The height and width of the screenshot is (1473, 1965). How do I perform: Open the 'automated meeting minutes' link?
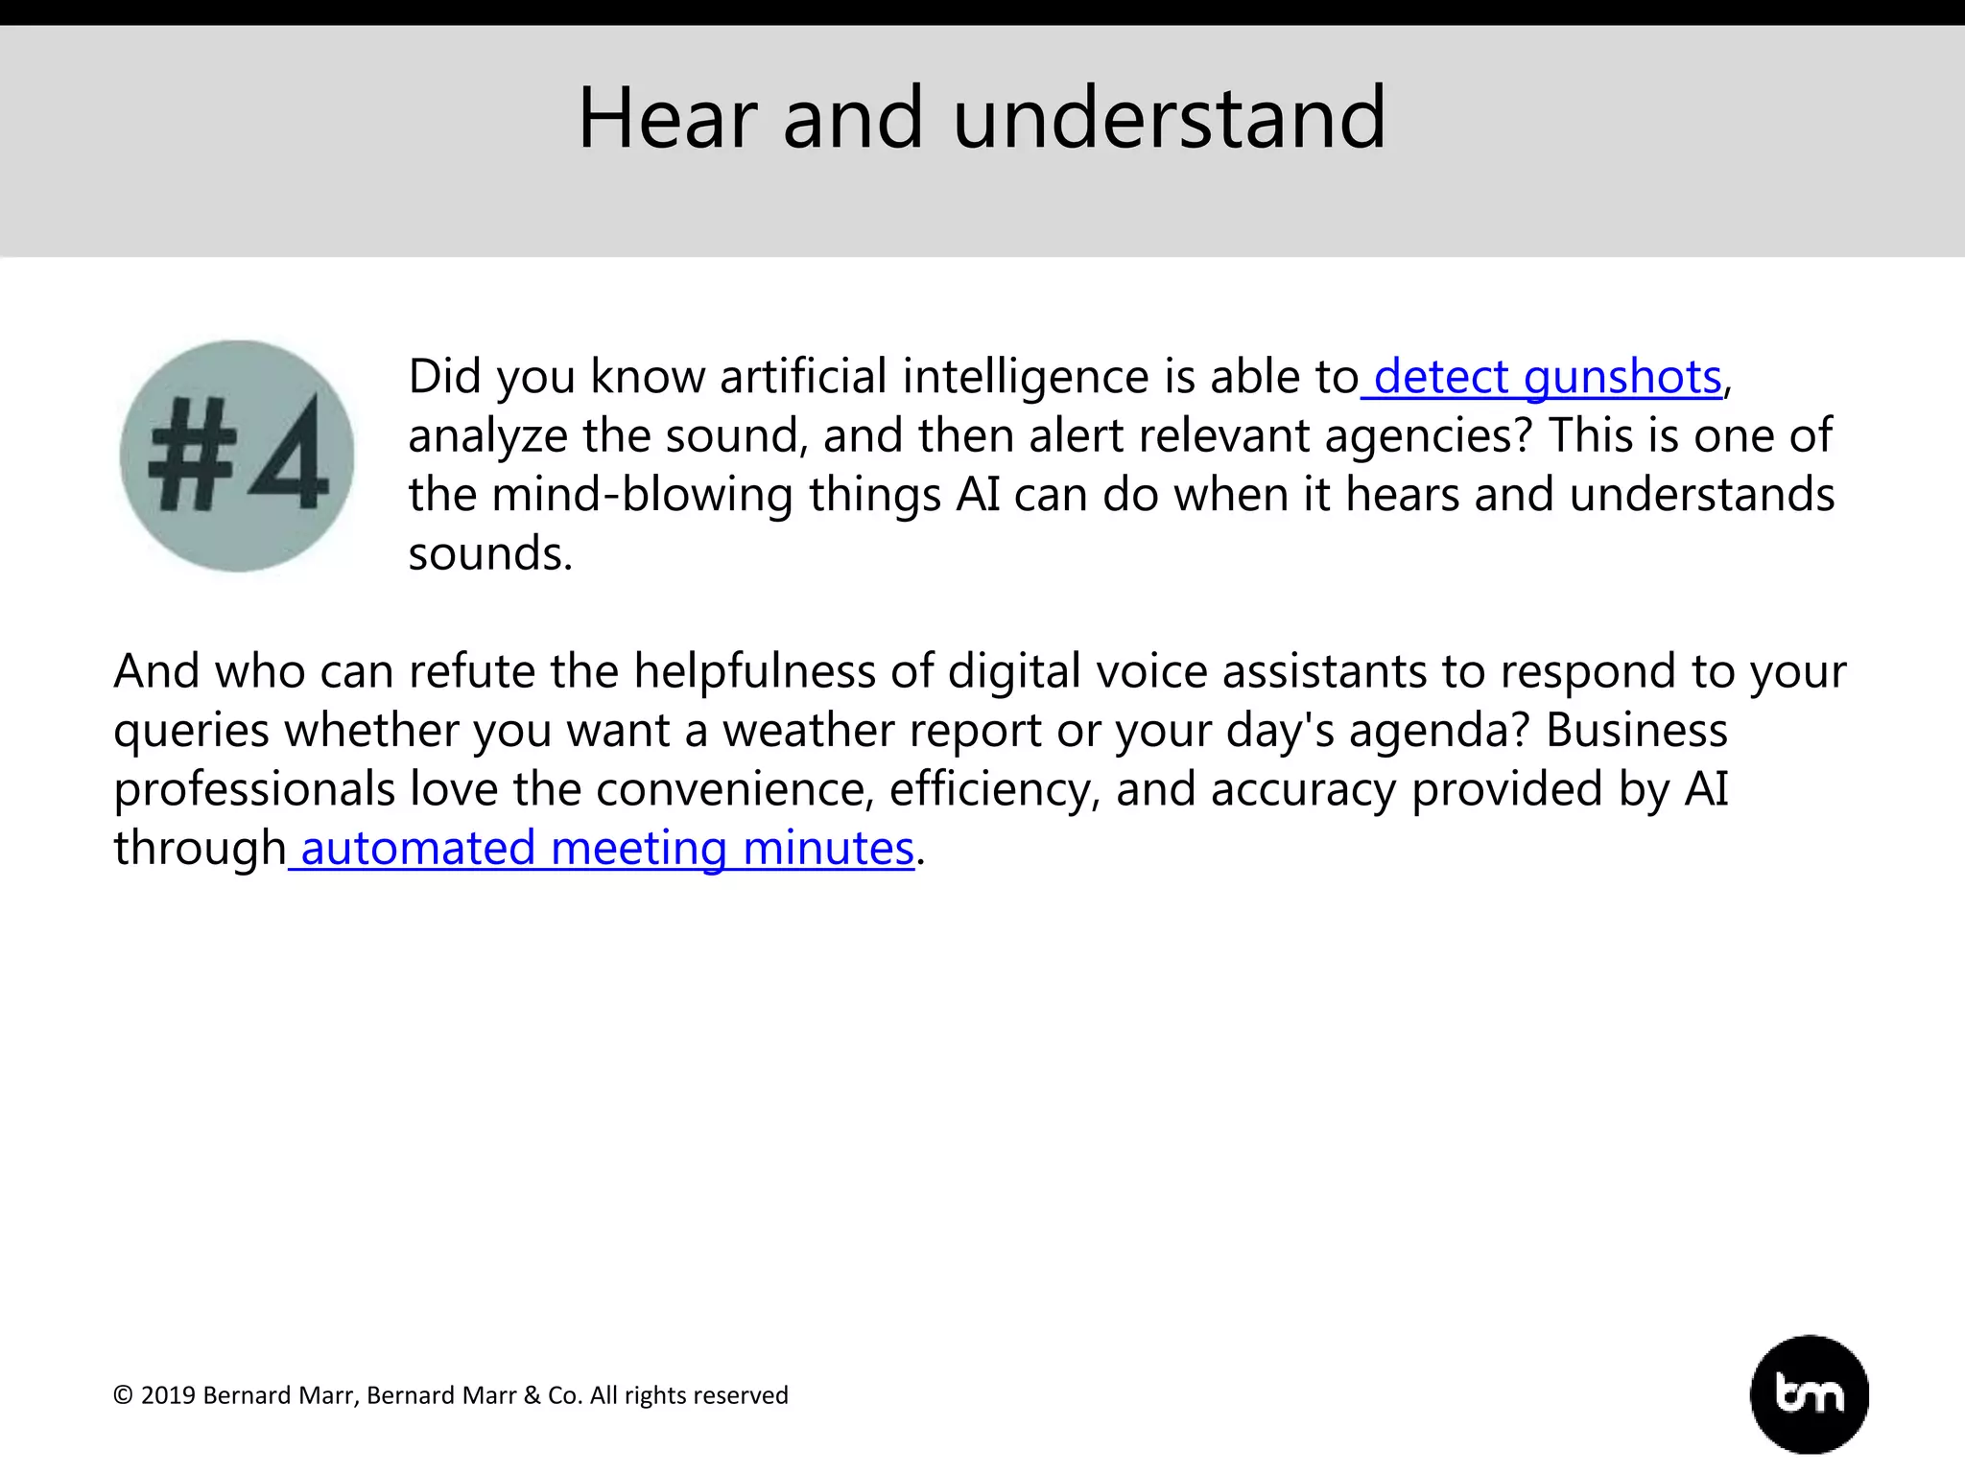tap(606, 849)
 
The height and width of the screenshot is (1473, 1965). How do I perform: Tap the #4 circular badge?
tap(237, 456)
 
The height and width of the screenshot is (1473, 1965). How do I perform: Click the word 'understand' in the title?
tap(1170, 118)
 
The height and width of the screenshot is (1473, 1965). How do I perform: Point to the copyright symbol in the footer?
tap(123, 1395)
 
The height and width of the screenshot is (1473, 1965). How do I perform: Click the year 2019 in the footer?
tap(168, 1395)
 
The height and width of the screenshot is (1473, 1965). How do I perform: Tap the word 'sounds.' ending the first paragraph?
tap(490, 554)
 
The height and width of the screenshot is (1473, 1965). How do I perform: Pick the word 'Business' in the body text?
tap(1637, 731)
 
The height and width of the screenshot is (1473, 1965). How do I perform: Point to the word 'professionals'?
tap(254, 790)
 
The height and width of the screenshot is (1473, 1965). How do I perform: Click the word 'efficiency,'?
tap(994, 790)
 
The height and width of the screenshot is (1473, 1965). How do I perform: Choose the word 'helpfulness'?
tap(754, 671)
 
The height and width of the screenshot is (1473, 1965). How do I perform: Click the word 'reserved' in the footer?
tap(744, 1395)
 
